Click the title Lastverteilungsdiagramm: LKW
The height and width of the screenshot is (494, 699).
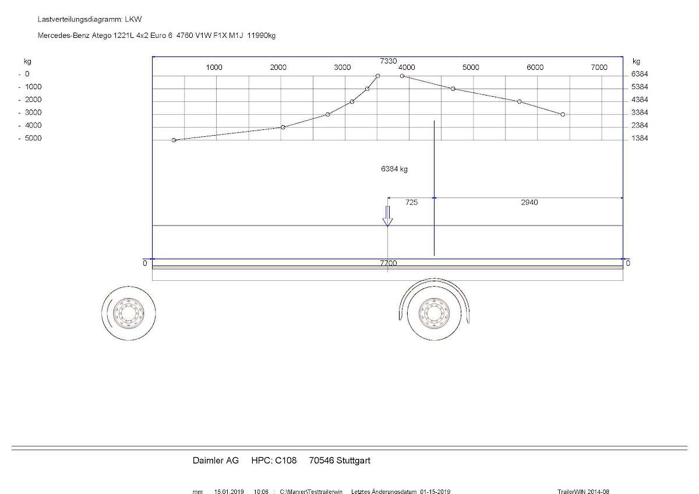90,19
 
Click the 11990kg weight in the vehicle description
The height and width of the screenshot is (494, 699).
261,36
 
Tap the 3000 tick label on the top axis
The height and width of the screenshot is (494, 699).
343,68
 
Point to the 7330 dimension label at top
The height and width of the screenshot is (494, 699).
388,61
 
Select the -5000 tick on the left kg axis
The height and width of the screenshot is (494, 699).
30,138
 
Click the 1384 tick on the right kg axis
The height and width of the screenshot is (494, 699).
640,138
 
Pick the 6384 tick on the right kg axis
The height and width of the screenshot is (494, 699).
640,74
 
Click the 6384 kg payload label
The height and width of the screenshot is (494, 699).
394,169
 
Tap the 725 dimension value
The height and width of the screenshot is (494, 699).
411,202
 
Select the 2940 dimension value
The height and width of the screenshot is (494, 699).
529,202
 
